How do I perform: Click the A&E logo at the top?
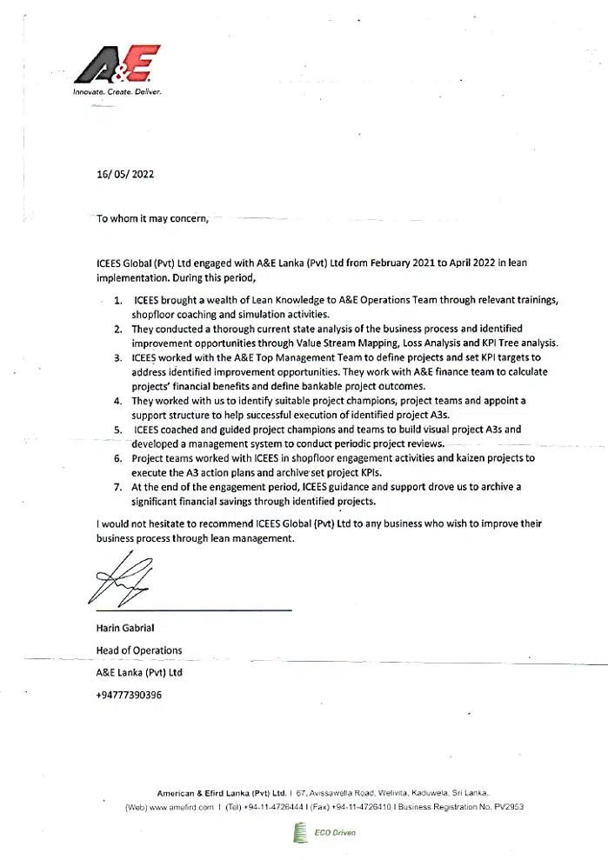(117, 64)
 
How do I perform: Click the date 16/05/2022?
(125, 174)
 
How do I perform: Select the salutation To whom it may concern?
(153, 218)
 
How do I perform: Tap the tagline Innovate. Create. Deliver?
(117, 91)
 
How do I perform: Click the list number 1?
(117, 299)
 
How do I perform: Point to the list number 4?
(117, 401)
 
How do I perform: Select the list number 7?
(117, 487)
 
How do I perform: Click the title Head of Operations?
(139, 650)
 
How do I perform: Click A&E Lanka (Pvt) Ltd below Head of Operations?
(139, 672)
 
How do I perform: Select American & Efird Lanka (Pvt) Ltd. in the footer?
(221, 793)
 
